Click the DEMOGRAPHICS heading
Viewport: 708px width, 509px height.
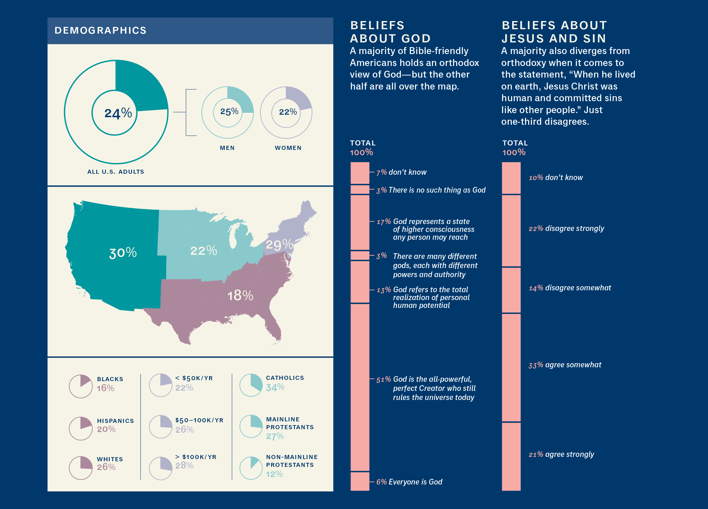(x=100, y=30)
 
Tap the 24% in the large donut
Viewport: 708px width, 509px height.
(x=118, y=113)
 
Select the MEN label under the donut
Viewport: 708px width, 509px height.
(x=227, y=148)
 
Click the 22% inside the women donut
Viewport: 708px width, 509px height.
(x=288, y=112)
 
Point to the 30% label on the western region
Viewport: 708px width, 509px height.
(x=123, y=253)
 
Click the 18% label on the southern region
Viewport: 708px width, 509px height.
(x=240, y=296)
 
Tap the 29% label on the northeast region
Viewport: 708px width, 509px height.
(x=279, y=244)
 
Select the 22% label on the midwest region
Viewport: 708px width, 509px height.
(x=204, y=251)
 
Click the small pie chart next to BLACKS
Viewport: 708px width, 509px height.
(x=81, y=386)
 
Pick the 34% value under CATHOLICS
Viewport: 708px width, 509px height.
(x=275, y=387)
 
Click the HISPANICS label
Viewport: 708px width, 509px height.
(x=115, y=421)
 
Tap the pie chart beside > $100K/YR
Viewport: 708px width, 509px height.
(x=161, y=468)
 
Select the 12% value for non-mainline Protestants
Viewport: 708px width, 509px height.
(x=274, y=474)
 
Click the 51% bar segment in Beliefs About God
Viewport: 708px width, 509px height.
(x=360, y=387)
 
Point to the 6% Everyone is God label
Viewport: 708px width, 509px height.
(x=409, y=482)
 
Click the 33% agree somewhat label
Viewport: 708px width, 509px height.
(x=565, y=365)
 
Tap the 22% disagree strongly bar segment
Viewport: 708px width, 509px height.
(x=511, y=231)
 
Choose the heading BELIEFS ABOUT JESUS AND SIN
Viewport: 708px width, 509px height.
(x=554, y=32)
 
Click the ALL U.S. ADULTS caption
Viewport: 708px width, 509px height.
(x=116, y=172)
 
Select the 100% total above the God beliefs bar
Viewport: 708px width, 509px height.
(x=361, y=152)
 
